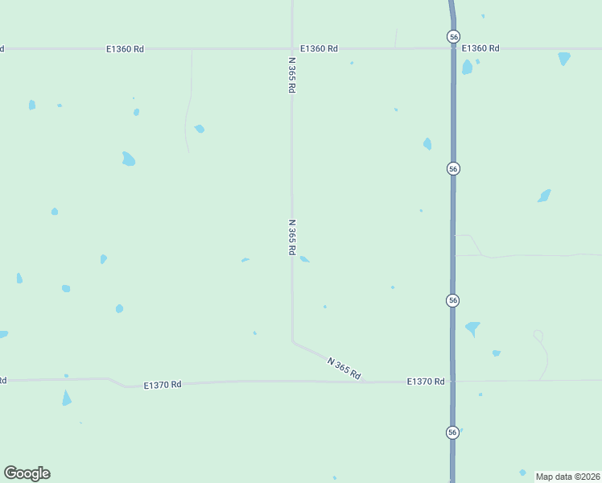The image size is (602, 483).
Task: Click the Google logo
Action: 27,473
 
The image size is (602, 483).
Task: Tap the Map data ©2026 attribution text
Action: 568,476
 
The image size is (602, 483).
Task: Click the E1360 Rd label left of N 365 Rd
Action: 125,49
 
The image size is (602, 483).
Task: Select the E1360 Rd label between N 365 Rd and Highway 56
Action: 319,49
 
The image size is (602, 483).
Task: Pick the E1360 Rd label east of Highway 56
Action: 480,48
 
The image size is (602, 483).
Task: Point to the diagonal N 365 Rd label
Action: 344,368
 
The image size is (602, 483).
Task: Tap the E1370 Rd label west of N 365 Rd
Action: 163,385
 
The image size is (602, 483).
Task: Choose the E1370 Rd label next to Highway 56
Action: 426,382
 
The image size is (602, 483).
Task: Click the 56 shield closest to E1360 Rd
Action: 453,36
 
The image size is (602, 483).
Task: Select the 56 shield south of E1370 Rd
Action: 453,432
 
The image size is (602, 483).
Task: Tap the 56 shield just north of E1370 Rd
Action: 453,300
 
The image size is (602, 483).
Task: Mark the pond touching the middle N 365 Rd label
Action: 304,259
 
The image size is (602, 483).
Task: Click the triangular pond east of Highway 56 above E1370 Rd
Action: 472,328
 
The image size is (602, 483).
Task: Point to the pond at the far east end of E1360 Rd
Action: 564,58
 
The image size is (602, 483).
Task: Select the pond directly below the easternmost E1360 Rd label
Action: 467,67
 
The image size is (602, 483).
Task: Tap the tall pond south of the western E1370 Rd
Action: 67,398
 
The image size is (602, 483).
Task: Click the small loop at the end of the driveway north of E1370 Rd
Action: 538,335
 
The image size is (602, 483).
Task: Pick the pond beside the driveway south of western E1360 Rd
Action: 199,129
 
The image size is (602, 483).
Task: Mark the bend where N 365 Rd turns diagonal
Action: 292,341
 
